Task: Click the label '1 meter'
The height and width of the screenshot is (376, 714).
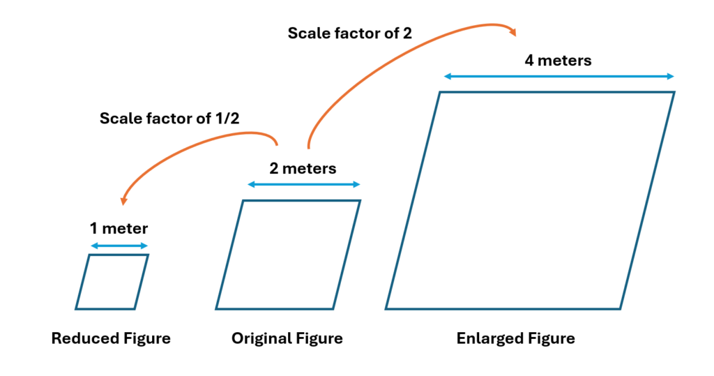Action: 119,227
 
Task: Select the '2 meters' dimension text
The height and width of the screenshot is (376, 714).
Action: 303,168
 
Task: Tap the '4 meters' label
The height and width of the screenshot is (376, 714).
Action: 558,61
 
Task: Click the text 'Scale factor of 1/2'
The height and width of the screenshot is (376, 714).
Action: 169,118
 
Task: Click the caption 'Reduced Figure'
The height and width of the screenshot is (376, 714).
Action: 111,339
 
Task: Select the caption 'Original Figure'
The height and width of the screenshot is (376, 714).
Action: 287,339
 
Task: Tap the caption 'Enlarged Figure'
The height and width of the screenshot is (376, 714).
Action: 516,339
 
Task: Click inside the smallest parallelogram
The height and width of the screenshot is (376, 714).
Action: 112,282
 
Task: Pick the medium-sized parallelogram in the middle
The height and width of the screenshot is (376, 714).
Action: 288,255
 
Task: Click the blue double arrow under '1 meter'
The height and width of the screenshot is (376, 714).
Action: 119,246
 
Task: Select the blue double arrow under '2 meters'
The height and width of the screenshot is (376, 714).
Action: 304,185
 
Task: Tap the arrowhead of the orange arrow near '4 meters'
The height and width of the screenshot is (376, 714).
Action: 512,31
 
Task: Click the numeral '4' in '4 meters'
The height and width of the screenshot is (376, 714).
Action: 529,61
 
